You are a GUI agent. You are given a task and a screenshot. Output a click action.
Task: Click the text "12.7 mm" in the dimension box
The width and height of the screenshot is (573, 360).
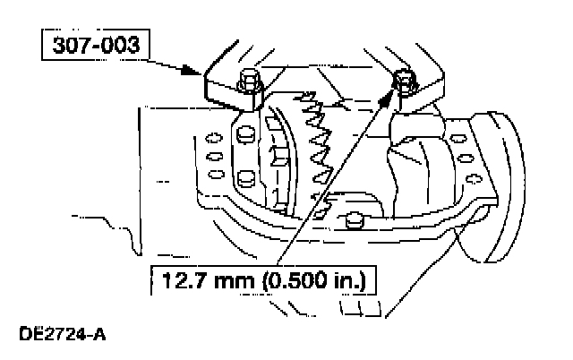pos(199,286)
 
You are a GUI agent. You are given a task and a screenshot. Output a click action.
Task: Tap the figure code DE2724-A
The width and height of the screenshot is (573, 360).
pos(62,338)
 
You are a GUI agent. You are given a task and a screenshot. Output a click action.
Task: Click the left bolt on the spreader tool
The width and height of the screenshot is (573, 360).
pos(247,81)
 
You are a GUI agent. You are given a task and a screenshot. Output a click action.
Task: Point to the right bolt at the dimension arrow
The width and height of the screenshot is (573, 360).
pos(405,80)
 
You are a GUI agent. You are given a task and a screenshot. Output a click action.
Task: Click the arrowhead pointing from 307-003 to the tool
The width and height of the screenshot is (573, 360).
pos(199,72)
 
